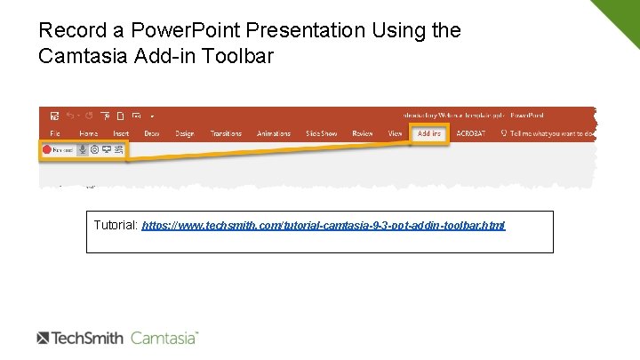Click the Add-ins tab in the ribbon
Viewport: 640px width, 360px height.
tap(429, 133)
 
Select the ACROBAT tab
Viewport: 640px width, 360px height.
tap(472, 133)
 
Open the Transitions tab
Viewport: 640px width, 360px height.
tap(226, 133)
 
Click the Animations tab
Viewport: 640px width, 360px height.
tap(274, 133)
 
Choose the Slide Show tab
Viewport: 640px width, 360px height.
tap(321, 133)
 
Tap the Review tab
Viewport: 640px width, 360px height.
tap(363, 133)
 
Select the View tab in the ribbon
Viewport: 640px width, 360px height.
tap(395, 133)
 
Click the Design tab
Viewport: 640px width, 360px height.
tap(184, 133)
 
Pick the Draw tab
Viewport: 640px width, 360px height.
tap(152, 133)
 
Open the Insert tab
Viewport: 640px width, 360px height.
tap(121, 133)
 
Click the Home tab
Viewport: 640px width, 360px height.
tap(89, 133)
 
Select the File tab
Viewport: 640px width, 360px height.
tap(55, 133)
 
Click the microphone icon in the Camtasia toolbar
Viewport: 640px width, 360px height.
tap(83, 150)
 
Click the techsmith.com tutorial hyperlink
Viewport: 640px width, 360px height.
tap(323, 226)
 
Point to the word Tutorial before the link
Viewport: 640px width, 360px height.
tap(116, 226)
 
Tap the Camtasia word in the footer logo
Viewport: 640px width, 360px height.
tap(164, 338)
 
